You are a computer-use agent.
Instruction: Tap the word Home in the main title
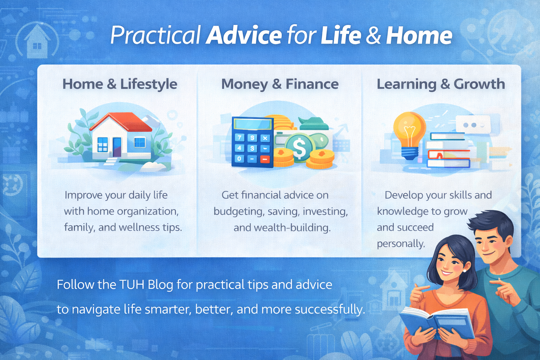click(419, 36)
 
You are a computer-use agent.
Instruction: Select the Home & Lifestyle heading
click(120, 84)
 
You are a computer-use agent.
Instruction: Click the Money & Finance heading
click(280, 84)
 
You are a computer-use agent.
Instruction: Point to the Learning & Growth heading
click(441, 84)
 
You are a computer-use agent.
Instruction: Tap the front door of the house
click(117, 147)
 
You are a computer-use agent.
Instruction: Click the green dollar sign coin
click(300, 147)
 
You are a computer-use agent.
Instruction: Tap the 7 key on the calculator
click(239, 137)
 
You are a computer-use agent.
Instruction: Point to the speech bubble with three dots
click(473, 124)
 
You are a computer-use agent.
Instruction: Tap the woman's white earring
click(464, 271)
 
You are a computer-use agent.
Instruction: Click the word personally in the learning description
click(401, 244)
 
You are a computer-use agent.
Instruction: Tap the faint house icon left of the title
click(37, 41)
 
